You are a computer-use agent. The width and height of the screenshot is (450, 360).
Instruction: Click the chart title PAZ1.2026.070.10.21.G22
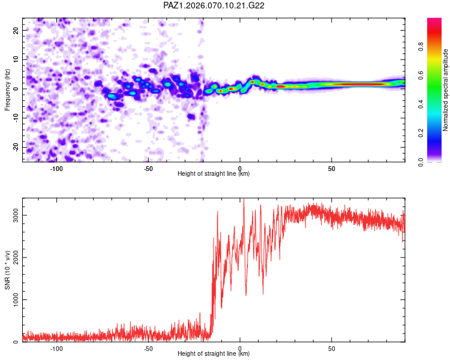click(214, 5)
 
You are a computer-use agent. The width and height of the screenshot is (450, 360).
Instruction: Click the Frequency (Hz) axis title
click(7, 89)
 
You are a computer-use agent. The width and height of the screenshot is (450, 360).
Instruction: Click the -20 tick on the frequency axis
click(15, 147)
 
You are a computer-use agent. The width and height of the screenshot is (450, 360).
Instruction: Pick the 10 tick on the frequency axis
click(16, 59)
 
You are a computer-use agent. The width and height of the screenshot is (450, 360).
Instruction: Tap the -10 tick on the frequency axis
click(15, 118)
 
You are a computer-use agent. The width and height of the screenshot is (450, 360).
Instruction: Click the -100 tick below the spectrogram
click(56, 169)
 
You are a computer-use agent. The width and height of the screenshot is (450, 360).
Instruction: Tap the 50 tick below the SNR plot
click(332, 349)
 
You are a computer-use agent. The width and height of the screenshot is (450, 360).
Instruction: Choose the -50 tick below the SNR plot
click(148, 349)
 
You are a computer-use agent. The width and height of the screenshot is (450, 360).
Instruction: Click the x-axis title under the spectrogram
click(214, 174)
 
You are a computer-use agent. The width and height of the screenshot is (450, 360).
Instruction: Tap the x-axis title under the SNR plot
click(214, 354)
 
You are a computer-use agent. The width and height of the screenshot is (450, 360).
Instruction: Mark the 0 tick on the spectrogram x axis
click(240, 169)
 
